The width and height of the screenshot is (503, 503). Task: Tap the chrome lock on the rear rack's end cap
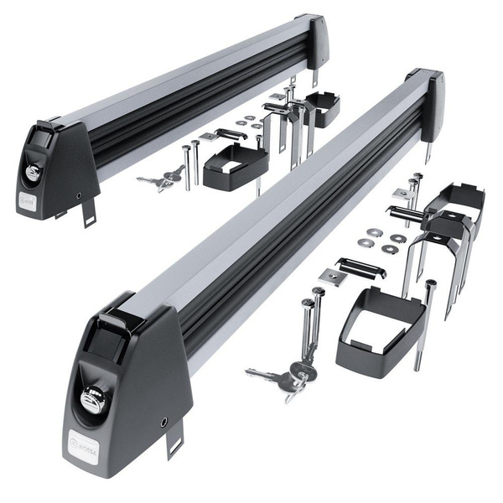[x=33, y=171]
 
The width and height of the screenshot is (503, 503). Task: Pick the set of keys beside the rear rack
[x=160, y=179]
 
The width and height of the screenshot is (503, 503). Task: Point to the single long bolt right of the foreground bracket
[x=426, y=323]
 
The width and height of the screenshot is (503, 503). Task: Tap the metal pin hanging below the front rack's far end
[x=427, y=151]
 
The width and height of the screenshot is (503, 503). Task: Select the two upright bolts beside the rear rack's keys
[x=190, y=164]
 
